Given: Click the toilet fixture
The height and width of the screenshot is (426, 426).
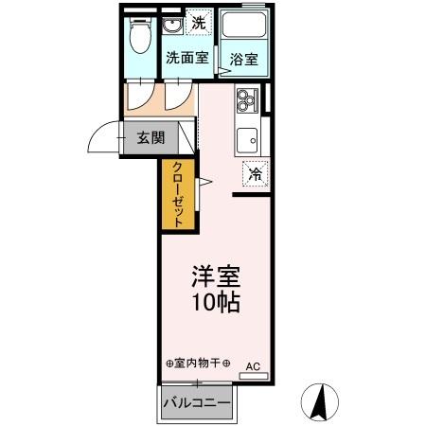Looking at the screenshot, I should pyautogui.click(x=140, y=37).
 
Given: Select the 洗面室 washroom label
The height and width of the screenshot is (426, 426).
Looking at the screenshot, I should pyautogui.click(x=186, y=57).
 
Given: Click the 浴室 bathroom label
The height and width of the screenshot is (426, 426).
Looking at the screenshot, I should pyautogui.click(x=243, y=59).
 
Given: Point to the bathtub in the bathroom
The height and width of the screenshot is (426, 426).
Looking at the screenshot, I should pyautogui.click(x=242, y=28).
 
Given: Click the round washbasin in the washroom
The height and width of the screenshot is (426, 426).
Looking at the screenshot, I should pyautogui.click(x=170, y=25).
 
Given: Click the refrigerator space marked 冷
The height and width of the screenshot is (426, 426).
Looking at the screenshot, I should pyautogui.click(x=255, y=173).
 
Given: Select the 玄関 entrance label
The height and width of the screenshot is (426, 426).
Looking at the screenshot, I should pyautogui.click(x=151, y=137).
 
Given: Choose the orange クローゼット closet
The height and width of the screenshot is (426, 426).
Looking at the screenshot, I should pyautogui.click(x=178, y=195).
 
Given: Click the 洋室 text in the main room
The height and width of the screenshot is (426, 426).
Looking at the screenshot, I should pyautogui.click(x=216, y=277).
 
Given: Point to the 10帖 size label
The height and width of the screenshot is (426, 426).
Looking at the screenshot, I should pyautogui.click(x=216, y=303).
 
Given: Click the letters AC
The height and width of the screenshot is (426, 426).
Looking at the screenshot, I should pyautogui.click(x=254, y=364).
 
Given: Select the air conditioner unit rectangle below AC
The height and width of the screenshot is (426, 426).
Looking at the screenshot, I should pyautogui.click(x=254, y=376).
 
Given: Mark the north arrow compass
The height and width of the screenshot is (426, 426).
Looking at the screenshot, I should pyautogui.click(x=321, y=402).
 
